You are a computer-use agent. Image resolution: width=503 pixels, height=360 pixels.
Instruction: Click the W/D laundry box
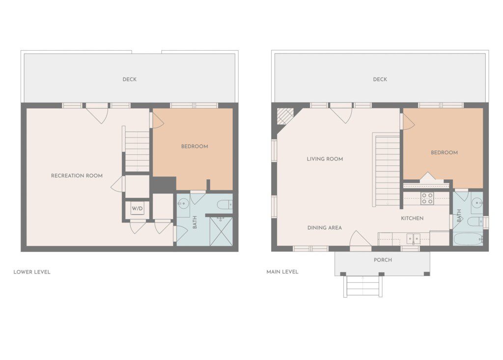point(138,209)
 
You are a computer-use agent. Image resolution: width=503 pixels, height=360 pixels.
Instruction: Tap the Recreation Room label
point(77,175)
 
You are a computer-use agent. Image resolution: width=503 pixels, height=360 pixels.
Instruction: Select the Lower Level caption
point(32,272)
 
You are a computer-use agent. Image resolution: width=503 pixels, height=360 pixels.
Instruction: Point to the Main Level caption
point(282,272)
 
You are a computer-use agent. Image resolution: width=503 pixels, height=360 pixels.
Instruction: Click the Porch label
point(383,260)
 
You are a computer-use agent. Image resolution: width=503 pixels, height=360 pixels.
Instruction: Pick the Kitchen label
point(412,218)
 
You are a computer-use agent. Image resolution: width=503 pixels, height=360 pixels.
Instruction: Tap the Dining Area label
point(325,228)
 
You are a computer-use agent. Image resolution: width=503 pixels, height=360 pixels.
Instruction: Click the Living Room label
point(325,159)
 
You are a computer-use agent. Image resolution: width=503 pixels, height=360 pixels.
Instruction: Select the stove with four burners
point(427,198)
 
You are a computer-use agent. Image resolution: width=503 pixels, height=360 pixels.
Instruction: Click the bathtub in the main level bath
point(468,239)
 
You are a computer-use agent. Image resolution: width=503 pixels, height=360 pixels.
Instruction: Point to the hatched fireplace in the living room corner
point(285,116)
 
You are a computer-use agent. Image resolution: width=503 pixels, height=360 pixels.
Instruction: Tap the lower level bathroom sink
point(184,203)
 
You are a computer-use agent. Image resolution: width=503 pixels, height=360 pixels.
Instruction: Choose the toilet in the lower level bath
point(224,204)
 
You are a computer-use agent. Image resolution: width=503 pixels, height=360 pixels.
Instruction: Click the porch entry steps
point(363,286)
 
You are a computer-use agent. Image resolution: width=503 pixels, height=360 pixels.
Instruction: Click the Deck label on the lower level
point(130,79)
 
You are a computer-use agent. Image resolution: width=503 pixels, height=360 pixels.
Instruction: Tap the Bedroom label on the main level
point(444,152)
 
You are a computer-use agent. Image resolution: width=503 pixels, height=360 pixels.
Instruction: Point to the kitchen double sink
point(413,238)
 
